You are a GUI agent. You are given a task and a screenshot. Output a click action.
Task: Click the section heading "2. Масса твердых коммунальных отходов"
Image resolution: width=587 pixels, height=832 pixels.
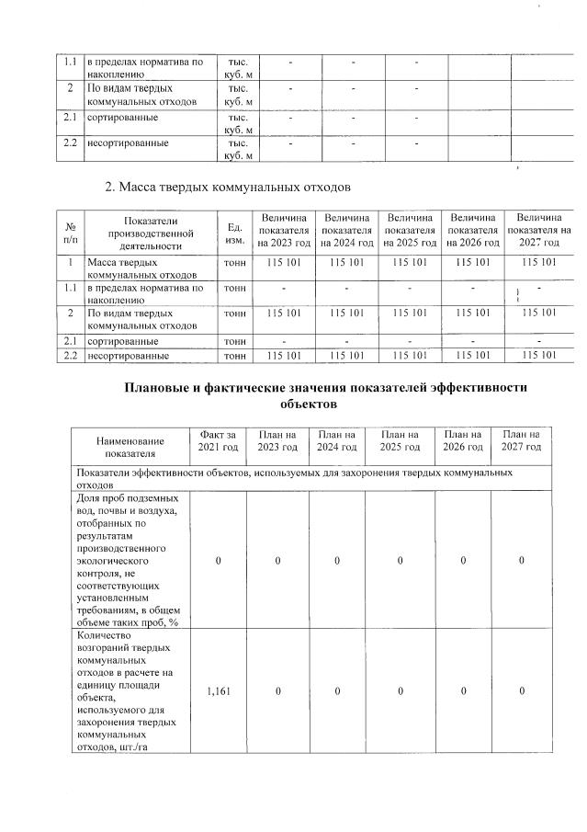228,188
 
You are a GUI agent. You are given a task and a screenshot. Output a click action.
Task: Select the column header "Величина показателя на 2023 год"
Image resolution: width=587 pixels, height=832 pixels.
284,231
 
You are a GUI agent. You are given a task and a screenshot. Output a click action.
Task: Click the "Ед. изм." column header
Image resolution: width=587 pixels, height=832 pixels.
233,231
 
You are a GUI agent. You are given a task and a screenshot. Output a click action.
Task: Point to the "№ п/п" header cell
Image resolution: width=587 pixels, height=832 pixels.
71,231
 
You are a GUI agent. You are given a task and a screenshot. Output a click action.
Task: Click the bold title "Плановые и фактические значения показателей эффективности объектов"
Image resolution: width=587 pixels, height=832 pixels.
326,395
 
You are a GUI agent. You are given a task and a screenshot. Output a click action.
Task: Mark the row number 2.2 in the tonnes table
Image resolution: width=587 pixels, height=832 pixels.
70,355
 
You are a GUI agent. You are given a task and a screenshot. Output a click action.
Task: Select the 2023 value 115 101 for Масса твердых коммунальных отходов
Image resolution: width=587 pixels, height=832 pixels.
284,263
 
